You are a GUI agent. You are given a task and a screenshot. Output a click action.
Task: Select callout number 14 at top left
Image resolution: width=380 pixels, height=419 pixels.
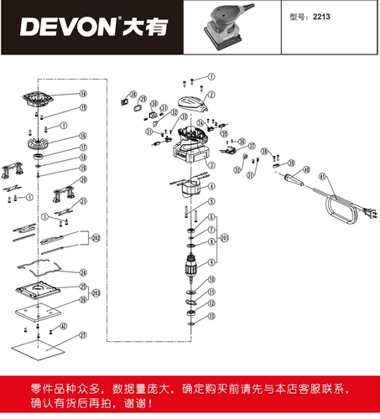tap(83, 93)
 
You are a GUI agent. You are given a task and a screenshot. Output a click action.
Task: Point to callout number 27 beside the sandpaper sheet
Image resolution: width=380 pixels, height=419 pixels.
tap(83, 334)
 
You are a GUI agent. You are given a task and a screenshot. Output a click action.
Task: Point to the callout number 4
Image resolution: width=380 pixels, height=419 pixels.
tap(211, 187)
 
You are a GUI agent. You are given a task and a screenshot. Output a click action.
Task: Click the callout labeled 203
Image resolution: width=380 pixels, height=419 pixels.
tap(96, 293)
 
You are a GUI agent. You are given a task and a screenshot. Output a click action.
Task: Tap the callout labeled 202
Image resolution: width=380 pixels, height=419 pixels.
tap(96, 239)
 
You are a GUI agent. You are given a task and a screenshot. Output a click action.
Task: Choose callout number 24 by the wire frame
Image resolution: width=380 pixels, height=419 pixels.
tap(83, 273)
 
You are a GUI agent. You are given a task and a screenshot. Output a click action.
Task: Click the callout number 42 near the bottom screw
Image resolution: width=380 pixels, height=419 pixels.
tap(63, 327)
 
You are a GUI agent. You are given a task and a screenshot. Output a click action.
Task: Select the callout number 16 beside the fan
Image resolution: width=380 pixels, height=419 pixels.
tap(83, 136)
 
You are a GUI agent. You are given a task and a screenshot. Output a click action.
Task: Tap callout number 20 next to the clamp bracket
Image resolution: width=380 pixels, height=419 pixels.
tap(83, 179)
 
